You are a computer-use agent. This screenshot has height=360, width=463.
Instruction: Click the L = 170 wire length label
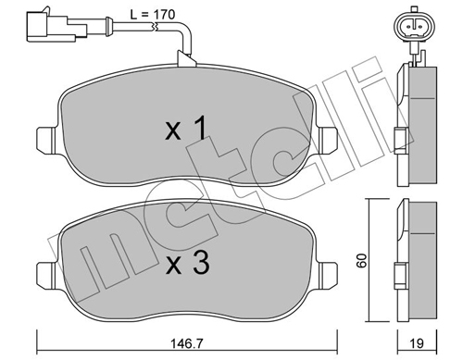(x=153, y=15)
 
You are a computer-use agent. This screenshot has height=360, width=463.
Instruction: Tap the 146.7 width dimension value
(x=187, y=343)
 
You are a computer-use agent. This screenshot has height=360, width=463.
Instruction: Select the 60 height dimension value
(x=361, y=261)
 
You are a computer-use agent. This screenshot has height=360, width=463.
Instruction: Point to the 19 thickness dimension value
(x=417, y=343)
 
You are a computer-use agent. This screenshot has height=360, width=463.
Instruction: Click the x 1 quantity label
(x=186, y=128)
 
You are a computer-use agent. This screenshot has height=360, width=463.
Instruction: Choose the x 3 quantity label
(x=188, y=263)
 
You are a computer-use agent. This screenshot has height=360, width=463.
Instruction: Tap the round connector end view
(x=415, y=27)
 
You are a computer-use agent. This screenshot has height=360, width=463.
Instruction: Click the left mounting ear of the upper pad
(x=47, y=141)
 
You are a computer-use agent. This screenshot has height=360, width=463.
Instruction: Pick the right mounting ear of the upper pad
(x=328, y=141)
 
